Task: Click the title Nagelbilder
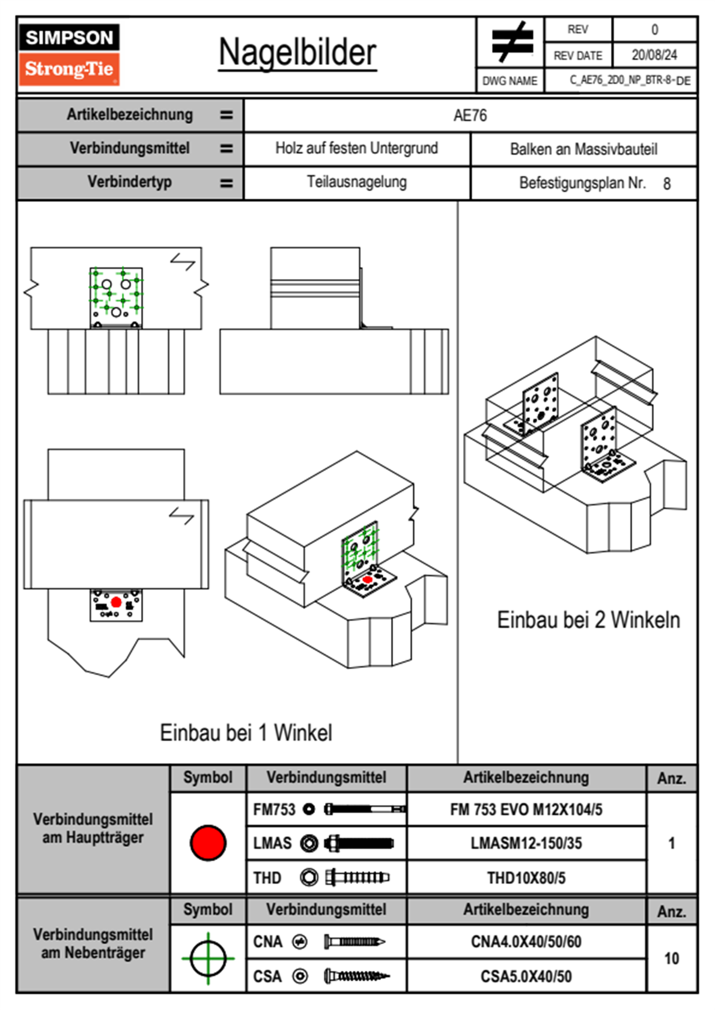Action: point(297,53)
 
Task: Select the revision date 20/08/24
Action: point(654,55)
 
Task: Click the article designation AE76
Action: point(470,115)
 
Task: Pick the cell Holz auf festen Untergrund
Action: point(356,148)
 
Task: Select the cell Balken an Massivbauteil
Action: point(583,149)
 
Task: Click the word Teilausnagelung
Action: point(356,182)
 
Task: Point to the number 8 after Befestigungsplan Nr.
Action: point(666,184)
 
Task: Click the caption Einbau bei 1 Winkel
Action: point(246,733)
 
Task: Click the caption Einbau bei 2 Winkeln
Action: point(588,620)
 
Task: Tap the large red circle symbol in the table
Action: point(208,842)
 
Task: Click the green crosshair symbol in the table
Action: point(208,958)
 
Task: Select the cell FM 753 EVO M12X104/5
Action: point(526,809)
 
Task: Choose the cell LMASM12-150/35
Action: point(526,843)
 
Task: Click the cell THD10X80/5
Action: point(526,878)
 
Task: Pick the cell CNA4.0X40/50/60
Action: point(526,942)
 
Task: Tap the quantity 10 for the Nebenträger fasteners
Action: point(671,958)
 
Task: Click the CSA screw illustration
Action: point(356,976)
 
